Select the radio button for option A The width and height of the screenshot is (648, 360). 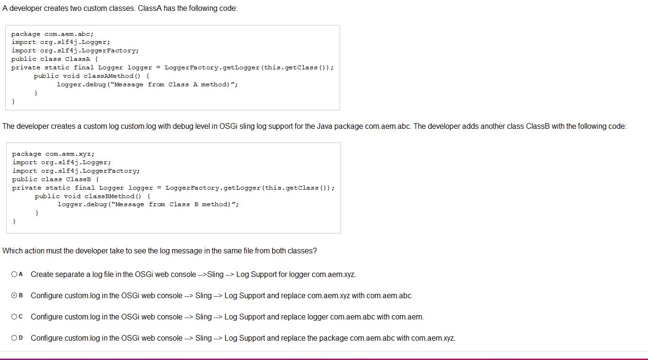click(14, 274)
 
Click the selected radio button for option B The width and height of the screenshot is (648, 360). click(14, 295)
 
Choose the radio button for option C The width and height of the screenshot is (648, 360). click(14, 317)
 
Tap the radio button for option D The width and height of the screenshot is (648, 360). click(14, 338)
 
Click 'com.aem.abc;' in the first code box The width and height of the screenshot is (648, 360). click(69, 34)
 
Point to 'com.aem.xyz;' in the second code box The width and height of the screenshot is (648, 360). click(70, 154)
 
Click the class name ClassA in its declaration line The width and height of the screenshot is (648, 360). click(77, 59)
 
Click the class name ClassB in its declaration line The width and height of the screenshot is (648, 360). click(78, 179)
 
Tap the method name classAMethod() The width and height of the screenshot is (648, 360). click(112, 76)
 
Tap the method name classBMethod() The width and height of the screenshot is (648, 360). click(113, 196)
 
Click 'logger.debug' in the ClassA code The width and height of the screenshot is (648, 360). click(81, 84)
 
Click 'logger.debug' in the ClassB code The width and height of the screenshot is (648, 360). click(82, 205)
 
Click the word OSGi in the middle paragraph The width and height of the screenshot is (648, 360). click(228, 126)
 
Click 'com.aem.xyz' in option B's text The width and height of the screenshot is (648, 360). click(329, 296)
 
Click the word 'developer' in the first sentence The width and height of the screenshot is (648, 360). click(25, 8)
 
